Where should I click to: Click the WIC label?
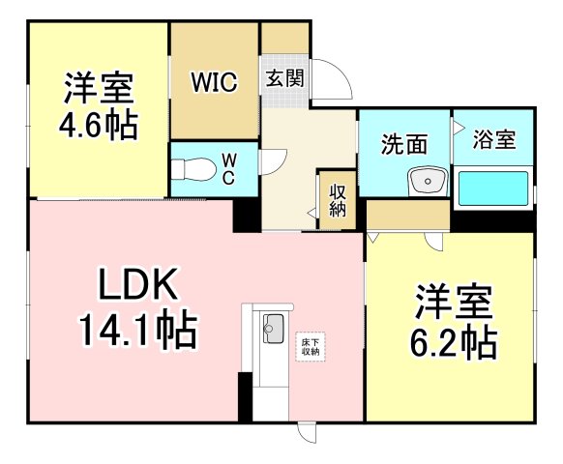coord(214,82)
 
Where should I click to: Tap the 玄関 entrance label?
coord(284,78)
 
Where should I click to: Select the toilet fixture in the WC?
coord(193,169)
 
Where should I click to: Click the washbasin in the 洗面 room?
coord(428,181)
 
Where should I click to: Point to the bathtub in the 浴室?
coord(493,188)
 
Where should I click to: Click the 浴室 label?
coord(494,139)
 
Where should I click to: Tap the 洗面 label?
coord(404,144)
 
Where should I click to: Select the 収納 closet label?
coord(338,200)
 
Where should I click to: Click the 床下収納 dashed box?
coord(311,347)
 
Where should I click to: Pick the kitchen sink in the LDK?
coord(274,329)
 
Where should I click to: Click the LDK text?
coord(138,283)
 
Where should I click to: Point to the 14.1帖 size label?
coord(138,330)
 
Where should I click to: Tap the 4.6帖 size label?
coord(98,124)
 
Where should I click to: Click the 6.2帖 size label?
coord(454,341)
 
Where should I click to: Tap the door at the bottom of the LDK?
coord(308,432)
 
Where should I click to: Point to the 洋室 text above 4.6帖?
coord(99,87)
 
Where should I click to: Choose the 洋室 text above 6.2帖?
coord(453,302)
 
